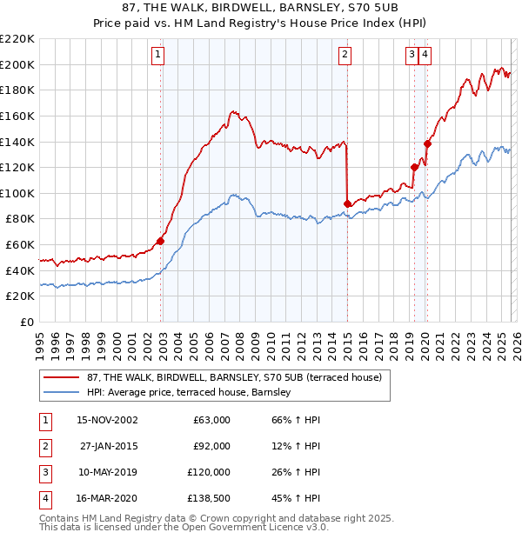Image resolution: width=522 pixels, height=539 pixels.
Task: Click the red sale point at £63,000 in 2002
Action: click(x=161, y=241)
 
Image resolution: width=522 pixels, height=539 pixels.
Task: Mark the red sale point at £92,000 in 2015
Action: click(x=348, y=203)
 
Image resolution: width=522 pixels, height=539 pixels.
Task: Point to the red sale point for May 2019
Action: click(x=414, y=167)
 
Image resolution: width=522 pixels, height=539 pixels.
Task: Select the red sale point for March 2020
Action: click(x=427, y=143)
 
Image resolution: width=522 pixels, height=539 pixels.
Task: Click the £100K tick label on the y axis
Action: click(x=17, y=193)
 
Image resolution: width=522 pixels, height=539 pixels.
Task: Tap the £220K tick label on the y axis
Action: click(x=17, y=39)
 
